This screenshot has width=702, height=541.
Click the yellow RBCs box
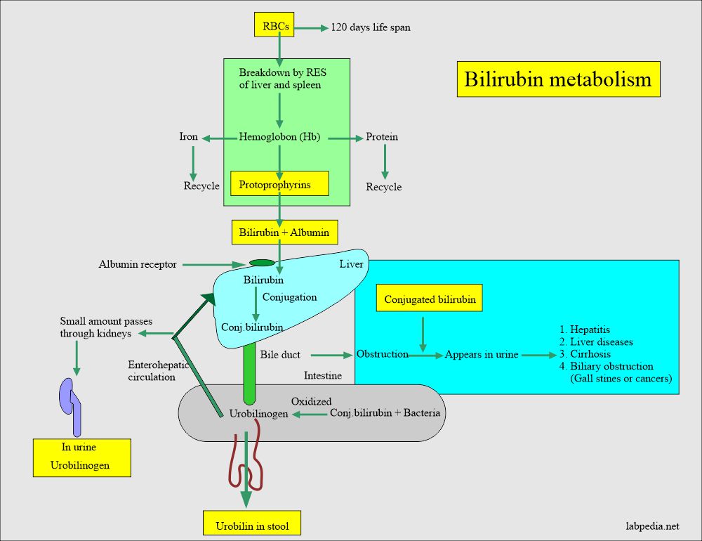pos(273,27)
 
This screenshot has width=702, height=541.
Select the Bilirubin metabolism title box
pos(558,79)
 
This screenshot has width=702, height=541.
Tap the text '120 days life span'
pos(371,28)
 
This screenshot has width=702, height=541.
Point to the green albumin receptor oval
pos(263,263)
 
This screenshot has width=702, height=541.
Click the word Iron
pos(188,137)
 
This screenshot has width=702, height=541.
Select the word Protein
pos(382,137)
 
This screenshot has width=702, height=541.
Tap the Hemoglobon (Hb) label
pos(279,137)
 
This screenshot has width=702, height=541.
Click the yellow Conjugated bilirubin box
pos(430,299)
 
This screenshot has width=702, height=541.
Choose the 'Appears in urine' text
pos(482,355)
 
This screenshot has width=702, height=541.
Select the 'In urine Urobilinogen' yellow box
pos(81,457)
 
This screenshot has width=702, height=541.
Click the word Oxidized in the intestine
pos(311,401)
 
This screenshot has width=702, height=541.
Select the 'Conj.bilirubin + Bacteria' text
pos(385,413)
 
